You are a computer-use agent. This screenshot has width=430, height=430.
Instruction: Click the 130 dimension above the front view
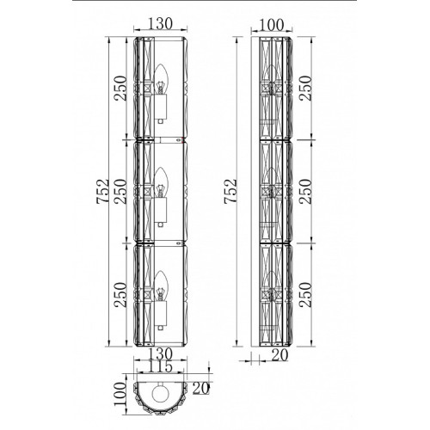tap(160, 23)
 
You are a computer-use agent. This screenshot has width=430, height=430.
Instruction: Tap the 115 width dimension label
tap(160, 367)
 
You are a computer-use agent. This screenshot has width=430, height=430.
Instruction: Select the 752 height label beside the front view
tap(103, 192)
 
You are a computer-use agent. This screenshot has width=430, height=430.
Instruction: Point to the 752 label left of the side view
tap(230, 192)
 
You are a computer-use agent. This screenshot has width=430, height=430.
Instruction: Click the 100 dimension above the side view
tap(271, 25)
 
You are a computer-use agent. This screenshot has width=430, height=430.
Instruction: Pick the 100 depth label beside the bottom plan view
tap(120, 394)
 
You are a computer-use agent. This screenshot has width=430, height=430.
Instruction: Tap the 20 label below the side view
tap(279, 355)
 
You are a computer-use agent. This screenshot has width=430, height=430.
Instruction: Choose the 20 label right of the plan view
tap(200, 389)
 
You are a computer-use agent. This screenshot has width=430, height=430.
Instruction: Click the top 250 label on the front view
tap(120, 88)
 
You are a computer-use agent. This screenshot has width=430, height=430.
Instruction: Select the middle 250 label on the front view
tap(120, 192)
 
